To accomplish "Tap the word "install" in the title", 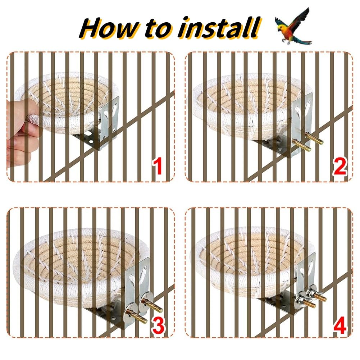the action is click(219, 28).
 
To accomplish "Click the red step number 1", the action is click(158, 166).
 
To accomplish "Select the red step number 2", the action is click(340, 166).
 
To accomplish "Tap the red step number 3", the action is click(158, 325).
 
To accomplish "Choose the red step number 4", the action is click(340, 325).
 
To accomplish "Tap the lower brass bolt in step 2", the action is click(302, 145).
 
